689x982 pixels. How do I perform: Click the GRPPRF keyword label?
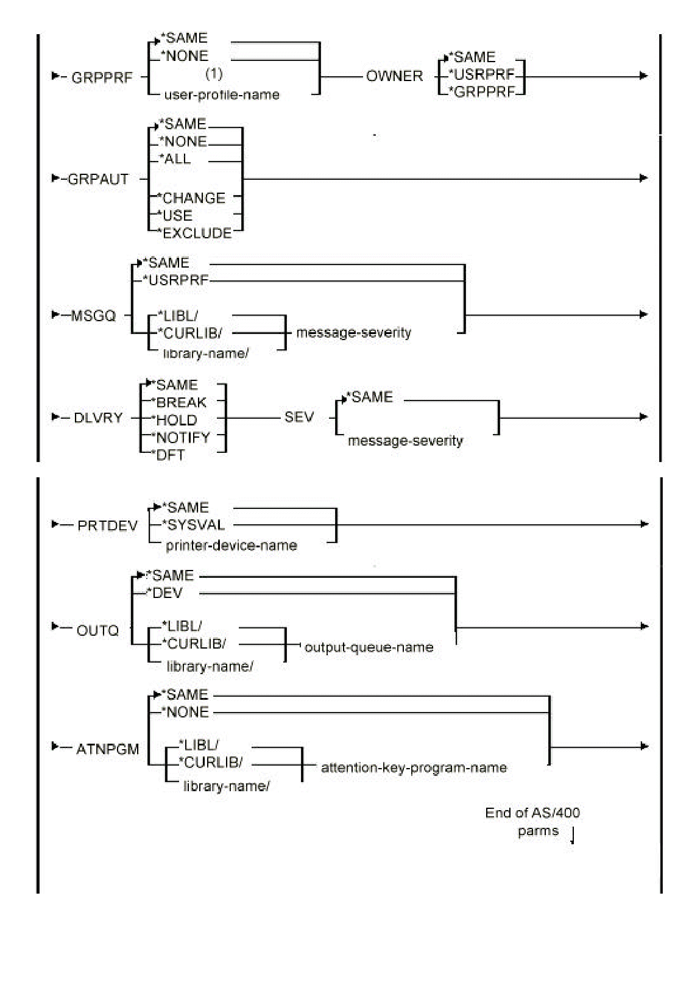pyautogui.click(x=102, y=77)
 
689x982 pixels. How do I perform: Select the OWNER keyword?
pyautogui.click(x=394, y=76)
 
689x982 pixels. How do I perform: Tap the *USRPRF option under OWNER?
pyautogui.click(x=482, y=75)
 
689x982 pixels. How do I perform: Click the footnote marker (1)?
pyautogui.click(x=214, y=74)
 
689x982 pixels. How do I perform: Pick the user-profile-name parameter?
pyautogui.click(x=222, y=95)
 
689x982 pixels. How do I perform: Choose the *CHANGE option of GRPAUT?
pyautogui.click(x=192, y=198)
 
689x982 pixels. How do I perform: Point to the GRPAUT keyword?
pyautogui.click(x=98, y=179)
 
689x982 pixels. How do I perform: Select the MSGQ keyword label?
pyautogui.click(x=93, y=316)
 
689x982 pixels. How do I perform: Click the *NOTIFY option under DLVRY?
pyautogui.click(x=181, y=438)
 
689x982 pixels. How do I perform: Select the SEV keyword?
pyautogui.click(x=299, y=418)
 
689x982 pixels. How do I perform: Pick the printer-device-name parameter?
pyautogui.click(x=231, y=546)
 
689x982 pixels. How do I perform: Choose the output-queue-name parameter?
pyautogui.click(x=369, y=647)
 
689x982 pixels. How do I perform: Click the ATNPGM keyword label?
pyautogui.click(x=108, y=749)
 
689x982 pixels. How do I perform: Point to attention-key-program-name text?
pyautogui.click(x=414, y=767)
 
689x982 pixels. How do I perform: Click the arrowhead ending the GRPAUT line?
pyautogui.click(x=643, y=178)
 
